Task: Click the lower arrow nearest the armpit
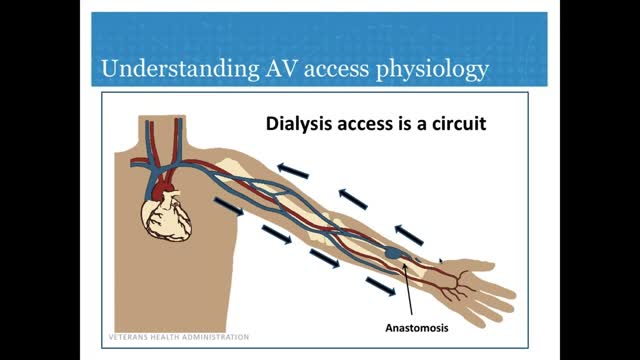coord(227,206)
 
